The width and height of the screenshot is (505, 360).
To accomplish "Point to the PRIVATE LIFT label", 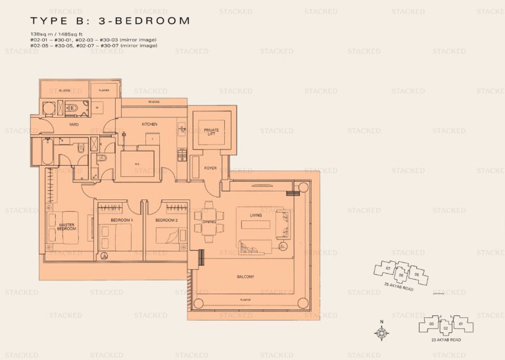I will (x=211, y=132).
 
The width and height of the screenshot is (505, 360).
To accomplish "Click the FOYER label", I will (x=210, y=168).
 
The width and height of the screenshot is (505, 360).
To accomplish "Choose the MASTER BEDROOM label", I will (x=67, y=226).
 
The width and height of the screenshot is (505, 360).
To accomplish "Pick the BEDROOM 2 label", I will (x=167, y=219).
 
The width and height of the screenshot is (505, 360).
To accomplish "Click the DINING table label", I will (x=204, y=222).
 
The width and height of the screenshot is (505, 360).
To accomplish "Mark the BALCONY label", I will (x=245, y=277).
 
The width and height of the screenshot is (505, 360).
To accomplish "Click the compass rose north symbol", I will (x=382, y=332).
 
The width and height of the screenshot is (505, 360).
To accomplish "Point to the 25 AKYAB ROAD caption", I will (x=400, y=288).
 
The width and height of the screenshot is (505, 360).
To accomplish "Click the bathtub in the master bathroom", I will (x=41, y=153).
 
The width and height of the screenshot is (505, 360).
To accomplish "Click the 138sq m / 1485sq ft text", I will (x=59, y=34).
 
